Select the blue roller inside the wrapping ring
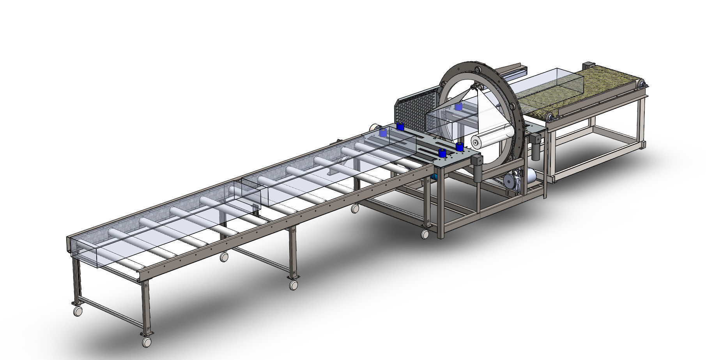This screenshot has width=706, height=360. click(458, 107)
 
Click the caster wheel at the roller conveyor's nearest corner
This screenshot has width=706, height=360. click(147, 341)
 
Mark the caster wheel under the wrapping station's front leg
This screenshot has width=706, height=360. click(425, 234)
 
